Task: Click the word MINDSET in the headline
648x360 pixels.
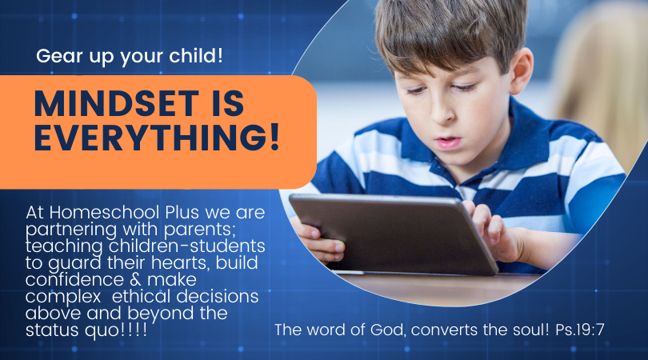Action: [x=117, y=103]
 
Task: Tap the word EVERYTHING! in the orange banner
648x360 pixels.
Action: [x=158, y=138]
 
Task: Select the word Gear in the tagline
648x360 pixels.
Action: [x=59, y=56]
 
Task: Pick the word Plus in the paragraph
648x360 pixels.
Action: [x=182, y=213]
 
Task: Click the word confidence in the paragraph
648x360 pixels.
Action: [x=74, y=280]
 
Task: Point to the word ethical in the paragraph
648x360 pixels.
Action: [x=141, y=296]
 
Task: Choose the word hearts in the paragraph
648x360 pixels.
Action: [x=181, y=263]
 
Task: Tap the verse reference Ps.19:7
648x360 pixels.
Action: [x=580, y=330]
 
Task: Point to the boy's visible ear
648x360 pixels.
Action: [x=521, y=70]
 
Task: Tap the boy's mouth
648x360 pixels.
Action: [x=448, y=142]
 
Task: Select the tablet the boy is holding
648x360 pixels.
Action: [x=394, y=234]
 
